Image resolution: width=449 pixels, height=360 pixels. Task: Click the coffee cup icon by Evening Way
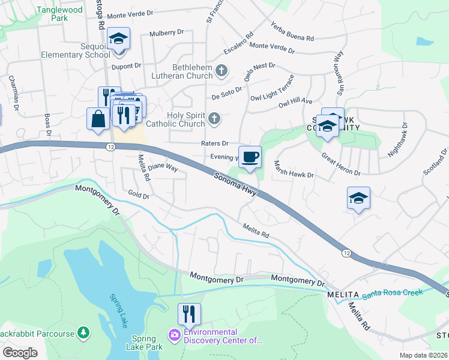click(x=250, y=157)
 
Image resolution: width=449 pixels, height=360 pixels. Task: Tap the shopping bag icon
click(x=98, y=119)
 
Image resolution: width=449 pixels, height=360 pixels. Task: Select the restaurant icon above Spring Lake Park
click(x=189, y=314)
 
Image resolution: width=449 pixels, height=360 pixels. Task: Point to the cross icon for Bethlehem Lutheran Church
click(x=221, y=71)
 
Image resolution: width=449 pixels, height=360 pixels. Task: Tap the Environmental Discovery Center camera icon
click(x=175, y=334)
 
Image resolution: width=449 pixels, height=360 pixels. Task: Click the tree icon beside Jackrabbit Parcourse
click(x=85, y=333)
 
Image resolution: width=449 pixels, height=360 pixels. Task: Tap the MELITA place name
click(x=343, y=295)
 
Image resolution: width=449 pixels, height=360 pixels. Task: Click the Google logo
click(x=20, y=353)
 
